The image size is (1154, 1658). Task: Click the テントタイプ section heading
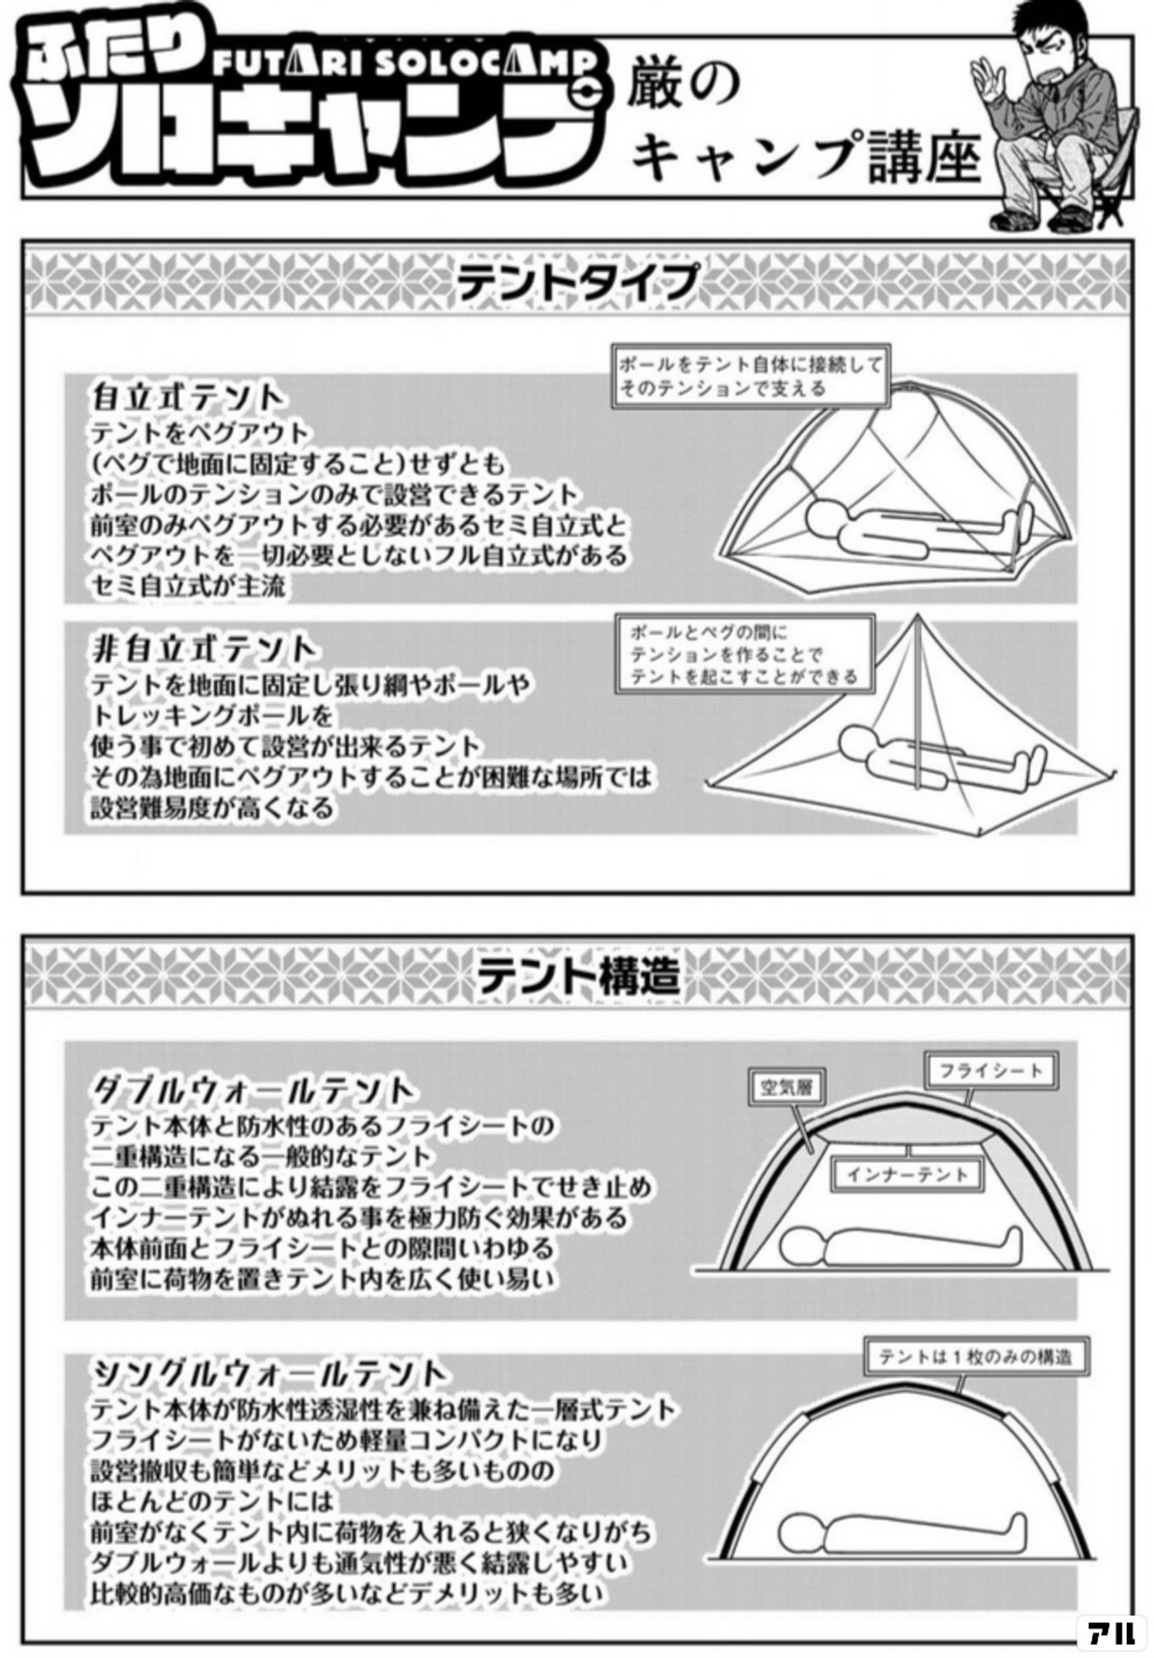click(577, 282)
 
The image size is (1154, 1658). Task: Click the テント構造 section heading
click(578, 975)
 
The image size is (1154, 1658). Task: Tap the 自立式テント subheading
click(187, 397)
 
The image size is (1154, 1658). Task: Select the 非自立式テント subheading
click(204, 649)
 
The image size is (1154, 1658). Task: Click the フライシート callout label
click(990, 1071)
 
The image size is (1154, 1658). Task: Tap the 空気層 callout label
click(787, 1088)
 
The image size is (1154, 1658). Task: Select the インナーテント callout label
click(907, 1175)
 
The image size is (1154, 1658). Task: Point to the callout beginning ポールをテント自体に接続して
click(751, 376)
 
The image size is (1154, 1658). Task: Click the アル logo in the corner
click(1111, 1631)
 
